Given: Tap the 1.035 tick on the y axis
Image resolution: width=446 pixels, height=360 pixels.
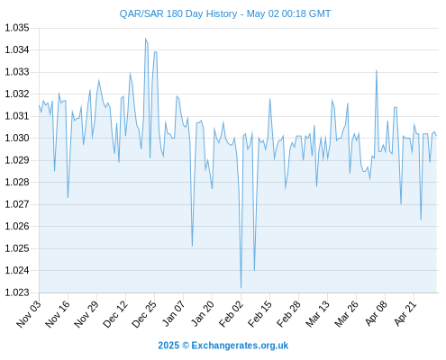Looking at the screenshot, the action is tap(17, 28).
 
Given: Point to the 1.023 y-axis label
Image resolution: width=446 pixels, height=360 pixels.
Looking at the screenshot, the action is tap(17, 292).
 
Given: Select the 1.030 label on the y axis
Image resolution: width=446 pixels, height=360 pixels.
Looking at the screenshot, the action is tap(17, 139).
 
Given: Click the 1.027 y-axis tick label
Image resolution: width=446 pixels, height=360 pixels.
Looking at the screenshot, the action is tap(17, 204).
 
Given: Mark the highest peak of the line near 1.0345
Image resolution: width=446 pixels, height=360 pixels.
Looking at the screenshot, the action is tap(145, 39).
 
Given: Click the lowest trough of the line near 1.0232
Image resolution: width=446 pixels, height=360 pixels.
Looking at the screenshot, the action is tap(241, 288).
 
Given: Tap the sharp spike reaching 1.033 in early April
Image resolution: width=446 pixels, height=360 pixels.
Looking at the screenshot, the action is tap(377, 70).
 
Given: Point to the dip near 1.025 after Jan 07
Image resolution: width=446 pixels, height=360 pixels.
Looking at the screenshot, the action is tap(192, 246).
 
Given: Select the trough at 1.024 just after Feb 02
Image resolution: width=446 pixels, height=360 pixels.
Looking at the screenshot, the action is tap(254, 270).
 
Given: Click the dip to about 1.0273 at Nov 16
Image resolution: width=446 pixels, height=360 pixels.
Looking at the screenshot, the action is tap(68, 197).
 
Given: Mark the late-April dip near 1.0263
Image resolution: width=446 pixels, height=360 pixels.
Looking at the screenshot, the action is tap(421, 220).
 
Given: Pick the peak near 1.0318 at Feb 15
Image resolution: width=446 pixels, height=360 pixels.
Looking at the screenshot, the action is tap(269, 99).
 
